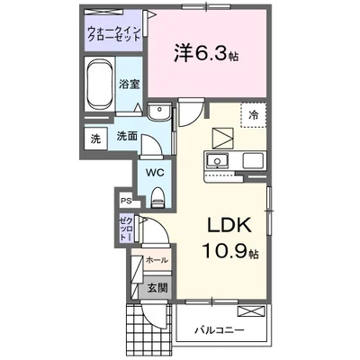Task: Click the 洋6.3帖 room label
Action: click(206, 51)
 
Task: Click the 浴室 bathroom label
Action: click(129, 84)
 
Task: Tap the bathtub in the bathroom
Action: click(98, 85)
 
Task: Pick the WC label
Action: click(152, 171)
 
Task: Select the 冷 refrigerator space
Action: click(255, 115)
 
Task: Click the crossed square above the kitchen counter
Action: click(221, 139)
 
